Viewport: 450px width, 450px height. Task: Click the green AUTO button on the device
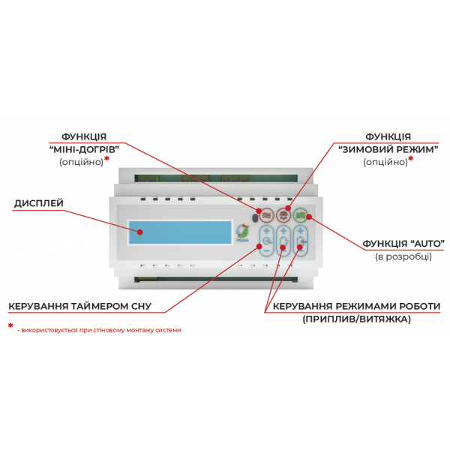tap(300, 215)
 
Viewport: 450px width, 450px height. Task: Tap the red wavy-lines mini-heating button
tap(266, 215)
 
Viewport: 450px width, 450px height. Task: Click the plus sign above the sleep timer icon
tap(266, 231)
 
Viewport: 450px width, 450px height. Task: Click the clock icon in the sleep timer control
tap(266, 241)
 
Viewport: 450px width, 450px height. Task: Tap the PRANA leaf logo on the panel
tap(242, 232)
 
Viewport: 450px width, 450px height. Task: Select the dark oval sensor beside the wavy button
tap(254, 218)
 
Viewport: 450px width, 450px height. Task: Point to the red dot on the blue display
tap(139, 232)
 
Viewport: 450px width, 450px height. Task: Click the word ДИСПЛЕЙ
tap(39, 203)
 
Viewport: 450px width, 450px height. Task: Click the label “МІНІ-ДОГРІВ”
tap(84, 149)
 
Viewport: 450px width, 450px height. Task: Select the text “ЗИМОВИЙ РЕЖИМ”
tap(388, 149)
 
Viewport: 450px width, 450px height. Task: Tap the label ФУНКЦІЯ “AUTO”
tap(403, 244)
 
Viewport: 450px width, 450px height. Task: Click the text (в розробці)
tap(403, 256)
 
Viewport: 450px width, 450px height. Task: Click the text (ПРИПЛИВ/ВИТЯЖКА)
tap(356, 319)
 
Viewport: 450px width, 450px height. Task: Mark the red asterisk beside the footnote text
tap(10, 325)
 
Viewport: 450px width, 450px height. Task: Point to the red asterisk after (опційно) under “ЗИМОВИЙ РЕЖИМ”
tap(411, 158)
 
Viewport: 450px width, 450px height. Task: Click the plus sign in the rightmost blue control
tap(300, 231)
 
